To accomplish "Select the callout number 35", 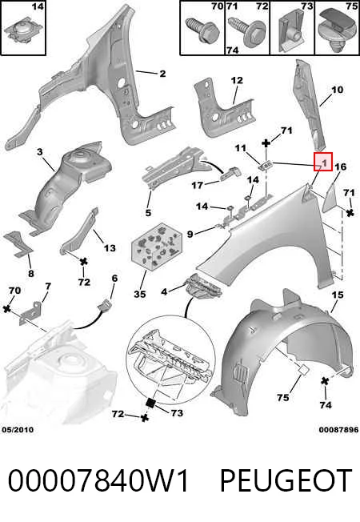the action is point(140,294).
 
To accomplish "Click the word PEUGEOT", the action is point(286,480).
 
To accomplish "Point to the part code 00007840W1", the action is point(98,480).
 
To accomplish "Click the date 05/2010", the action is point(18,430).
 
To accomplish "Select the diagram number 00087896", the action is point(338,430).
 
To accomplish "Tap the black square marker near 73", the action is point(151,403).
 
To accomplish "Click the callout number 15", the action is point(338,295).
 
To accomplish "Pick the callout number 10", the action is point(337,90).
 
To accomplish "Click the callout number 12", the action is point(237,80).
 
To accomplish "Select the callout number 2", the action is point(162,73).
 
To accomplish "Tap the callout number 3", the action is point(40,152).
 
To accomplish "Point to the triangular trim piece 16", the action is point(331,196).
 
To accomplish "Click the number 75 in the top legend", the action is point(351,6).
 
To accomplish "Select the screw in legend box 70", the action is point(203,31).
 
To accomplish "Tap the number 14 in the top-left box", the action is point(38,6).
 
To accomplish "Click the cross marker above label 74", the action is point(325,382).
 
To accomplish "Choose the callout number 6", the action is point(114,278).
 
